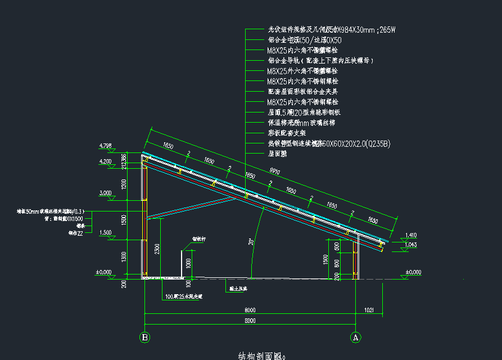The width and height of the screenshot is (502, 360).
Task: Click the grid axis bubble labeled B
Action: pyautogui.click(x=145, y=337)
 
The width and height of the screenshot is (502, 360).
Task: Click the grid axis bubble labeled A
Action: pyautogui.click(x=355, y=337)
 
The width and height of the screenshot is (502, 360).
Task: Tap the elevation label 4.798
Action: pyautogui.click(x=106, y=146)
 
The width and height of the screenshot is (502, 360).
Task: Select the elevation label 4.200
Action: pyautogui.click(x=106, y=161)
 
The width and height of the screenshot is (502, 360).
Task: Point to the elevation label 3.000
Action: pyautogui.click(x=106, y=193)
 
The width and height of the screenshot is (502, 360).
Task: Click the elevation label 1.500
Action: pyautogui.click(x=106, y=232)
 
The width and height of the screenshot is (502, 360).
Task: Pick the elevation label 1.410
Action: pyautogui.click(x=411, y=235)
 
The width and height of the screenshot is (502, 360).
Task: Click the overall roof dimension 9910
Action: pyautogui.click(x=275, y=170)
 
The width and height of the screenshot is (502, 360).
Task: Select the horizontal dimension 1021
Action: pyautogui.click(x=369, y=309)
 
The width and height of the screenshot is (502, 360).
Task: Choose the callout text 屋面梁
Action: pyautogui.click(x=278, y=153)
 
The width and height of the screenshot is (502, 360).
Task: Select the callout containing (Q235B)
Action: pyautogui.click(x=328, y=143)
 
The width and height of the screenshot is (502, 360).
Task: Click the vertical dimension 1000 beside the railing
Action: pyautogui.click(x=189, y=262)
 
